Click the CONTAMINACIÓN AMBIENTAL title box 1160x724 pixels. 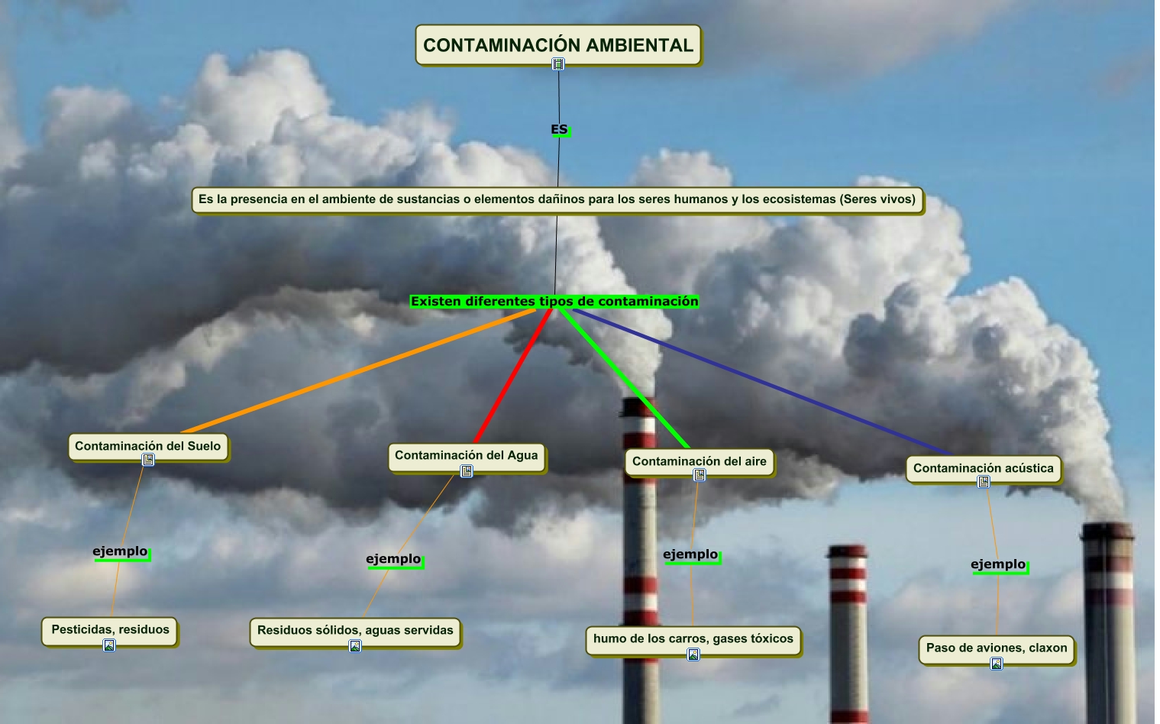coord(558,44)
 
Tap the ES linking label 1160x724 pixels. coord(559,129)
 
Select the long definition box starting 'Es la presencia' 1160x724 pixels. coord(557,199)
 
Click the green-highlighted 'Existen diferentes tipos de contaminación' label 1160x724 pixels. coord(554,301)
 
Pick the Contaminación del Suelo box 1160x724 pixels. coord(147,445)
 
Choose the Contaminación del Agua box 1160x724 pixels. coord(466,455)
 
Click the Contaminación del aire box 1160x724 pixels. coord(699,461)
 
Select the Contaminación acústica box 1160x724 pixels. coord(983,467)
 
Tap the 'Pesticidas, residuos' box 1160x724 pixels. coord(110,629)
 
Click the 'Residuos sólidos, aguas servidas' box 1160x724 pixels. coord(355,630)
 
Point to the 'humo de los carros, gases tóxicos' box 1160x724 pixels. coord(693,638)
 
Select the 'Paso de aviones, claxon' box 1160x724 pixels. coord(997,648)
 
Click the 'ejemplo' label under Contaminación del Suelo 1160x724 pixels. coord(121,551)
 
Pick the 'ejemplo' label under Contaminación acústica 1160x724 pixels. coord(998,564)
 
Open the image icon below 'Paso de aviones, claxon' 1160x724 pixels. coord(997,664)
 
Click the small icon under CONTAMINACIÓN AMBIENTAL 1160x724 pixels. coord(558,65)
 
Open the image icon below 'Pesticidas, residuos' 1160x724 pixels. coord(109,645)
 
